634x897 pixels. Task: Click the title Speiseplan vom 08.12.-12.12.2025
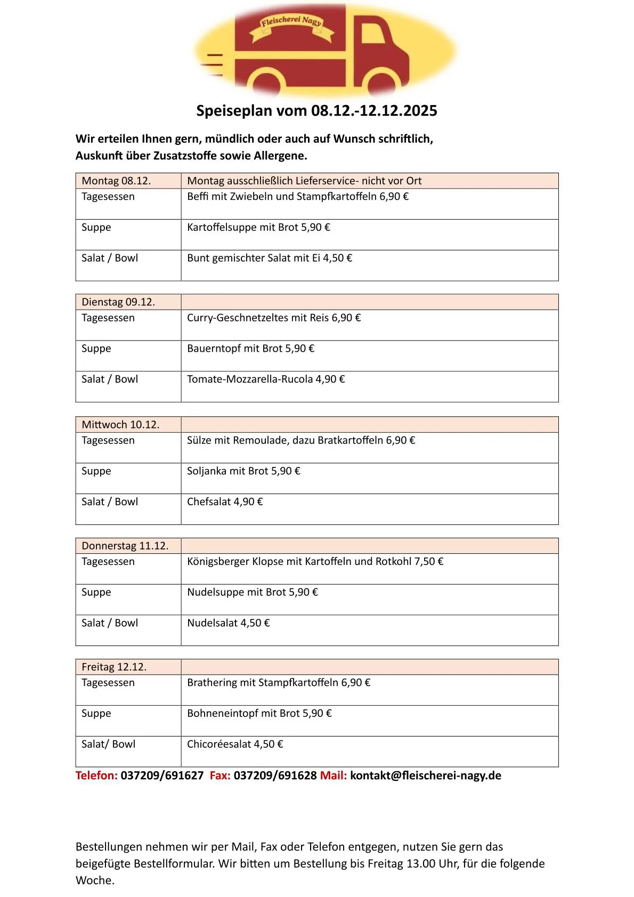[x=316, y=111]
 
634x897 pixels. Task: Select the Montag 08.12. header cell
[x=116, y=181]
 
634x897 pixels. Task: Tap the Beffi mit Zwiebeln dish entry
[x=297, y=196]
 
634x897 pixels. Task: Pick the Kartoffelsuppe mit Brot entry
[x=258, y=227]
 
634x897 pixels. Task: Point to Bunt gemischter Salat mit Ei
[x=270, y=258]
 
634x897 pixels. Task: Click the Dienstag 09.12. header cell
[x=118, y=302]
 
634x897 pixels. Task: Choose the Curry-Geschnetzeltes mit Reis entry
[x=274, y=318]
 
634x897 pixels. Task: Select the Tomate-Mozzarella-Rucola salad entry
[x=266, y=379]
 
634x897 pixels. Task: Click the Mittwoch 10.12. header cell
[x=120, y=424]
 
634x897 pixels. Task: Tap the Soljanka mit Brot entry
[x=243, y=471]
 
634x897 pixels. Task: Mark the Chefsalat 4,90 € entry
[x=225, y=502]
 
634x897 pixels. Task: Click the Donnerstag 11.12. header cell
[x=125, y=546]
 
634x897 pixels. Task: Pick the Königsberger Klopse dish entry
[x=315, y=561]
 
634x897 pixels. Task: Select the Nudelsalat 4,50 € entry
[x=228, y=623]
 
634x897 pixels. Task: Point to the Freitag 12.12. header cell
[x=114, y=667]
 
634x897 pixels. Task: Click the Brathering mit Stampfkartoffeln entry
[x=279, y=682]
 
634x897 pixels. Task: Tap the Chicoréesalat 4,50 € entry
[x=235, y=744]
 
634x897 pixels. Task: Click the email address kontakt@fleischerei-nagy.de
[x=426, y=775]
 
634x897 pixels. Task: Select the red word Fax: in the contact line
[x=220, y=775]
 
